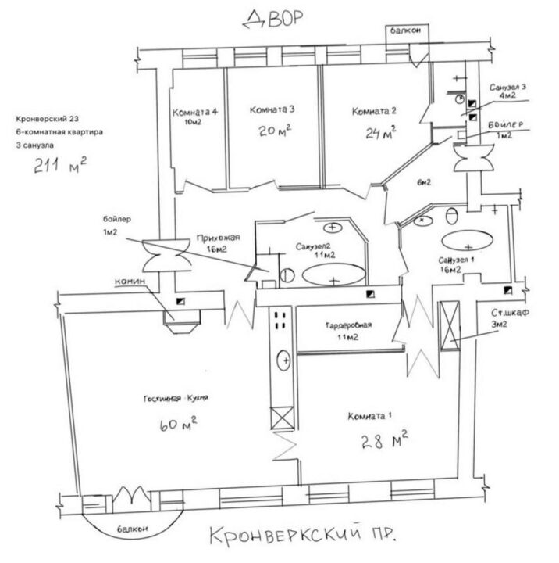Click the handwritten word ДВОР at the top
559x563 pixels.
point(273,19)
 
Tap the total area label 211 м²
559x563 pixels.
point(60,165)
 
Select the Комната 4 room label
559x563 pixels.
point(194,112)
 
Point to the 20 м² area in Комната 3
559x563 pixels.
point(275,131)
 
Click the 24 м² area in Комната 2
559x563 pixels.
point(381,133)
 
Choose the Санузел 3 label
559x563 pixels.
point(507,88)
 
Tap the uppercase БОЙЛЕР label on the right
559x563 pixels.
point(506,125)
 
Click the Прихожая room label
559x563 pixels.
point(218,238)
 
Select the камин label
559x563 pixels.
point(130,281)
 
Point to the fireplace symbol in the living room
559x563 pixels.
point(182,321)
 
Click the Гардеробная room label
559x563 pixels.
point(348,325)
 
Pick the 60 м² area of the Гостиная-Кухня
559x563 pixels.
point(178,424)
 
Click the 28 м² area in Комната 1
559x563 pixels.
point(384,440)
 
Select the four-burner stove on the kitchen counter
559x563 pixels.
point(280,321)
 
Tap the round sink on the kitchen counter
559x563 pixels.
point(283,360)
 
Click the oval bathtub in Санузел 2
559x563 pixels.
point(334,274)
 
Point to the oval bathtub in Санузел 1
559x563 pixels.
point(467,240)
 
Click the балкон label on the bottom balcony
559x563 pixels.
point(132,529)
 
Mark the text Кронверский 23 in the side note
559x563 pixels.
point(48,119)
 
